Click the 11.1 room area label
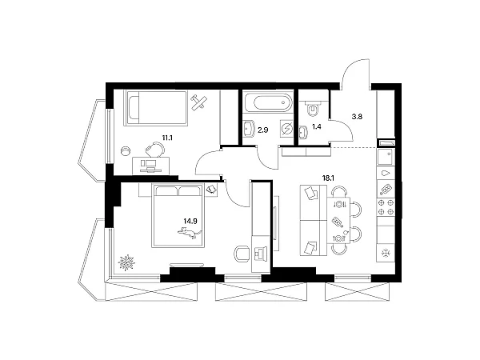(167, 138)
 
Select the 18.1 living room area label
(327, 178)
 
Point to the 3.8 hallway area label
(357, 117)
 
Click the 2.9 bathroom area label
(263, 130)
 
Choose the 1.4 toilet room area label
(317, 126)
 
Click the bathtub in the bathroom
(268, 102)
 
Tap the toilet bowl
(313, 110)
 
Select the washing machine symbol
(286, 128)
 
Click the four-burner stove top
(386, 206)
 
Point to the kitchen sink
(386, 158)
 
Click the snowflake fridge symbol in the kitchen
(386, 254)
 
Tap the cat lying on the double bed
(190, 233)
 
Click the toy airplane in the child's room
(199, 102)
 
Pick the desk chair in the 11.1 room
(155, 150)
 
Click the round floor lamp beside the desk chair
(126, 151)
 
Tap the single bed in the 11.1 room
(155, 108)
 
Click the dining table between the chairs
(338, 221)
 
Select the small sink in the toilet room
(302, 132)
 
